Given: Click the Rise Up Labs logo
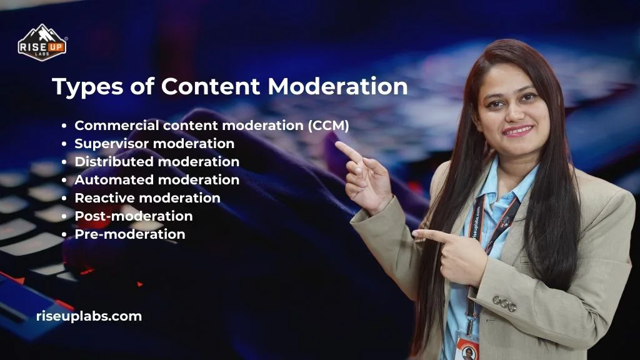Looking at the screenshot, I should (42, 42).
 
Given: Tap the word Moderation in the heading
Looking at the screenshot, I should (337, 86).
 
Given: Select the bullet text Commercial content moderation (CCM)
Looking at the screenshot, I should (211, 125).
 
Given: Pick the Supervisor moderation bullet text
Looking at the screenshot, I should (154, 143).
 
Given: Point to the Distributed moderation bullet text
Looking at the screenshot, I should (157, 161).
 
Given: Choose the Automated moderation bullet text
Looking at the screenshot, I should (157, 179).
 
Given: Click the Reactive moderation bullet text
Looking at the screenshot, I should (147, 197).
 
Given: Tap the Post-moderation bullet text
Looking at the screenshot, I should (134, 216).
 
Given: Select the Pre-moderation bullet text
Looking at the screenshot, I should (130, 234).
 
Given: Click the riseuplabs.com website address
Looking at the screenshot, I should (89, 316).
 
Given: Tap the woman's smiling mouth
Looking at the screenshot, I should (517, 131).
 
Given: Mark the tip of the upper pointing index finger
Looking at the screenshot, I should (337, 144).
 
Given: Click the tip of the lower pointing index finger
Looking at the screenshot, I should (415, 234).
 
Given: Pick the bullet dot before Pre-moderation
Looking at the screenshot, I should (65, 234).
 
